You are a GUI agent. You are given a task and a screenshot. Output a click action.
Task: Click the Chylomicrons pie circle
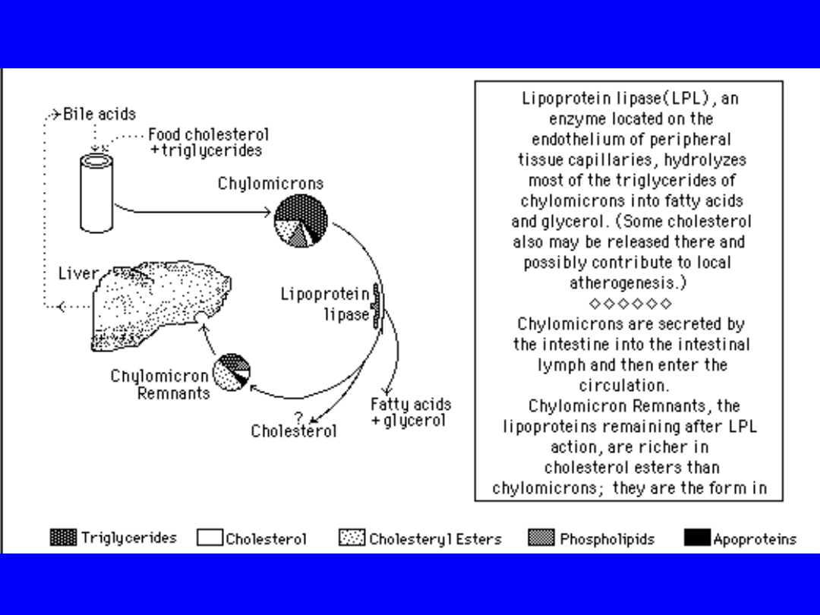click(x=301, y=221)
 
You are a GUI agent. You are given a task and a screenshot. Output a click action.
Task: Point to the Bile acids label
click(x=99, y=114)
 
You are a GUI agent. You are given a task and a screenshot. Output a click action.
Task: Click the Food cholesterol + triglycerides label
click(x=208, y=142)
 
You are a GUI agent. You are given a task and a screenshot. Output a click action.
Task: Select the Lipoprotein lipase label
click(x=325, y=304)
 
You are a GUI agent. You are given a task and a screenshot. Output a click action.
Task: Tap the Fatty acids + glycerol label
click(x=411, y=412)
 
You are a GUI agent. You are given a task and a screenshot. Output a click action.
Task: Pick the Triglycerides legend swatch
click(x=63, y=538)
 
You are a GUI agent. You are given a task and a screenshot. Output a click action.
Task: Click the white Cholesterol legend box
click(x=210, y=538)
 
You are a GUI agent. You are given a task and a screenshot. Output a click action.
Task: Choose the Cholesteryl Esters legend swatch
click(x=352, y=538)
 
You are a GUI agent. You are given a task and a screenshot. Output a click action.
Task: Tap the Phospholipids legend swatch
click(x=541, y=538)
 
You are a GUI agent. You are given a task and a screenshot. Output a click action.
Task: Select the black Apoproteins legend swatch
click(x=697, y=538)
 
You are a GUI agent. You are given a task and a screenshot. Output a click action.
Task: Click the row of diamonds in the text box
click(x=630, y=304)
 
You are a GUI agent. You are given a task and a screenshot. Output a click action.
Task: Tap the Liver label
click(x=78, y=273)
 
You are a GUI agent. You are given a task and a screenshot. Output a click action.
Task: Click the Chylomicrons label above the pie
click(x=270, y=184)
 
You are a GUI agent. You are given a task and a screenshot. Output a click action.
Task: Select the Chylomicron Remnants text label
click(x=160, y=385)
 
